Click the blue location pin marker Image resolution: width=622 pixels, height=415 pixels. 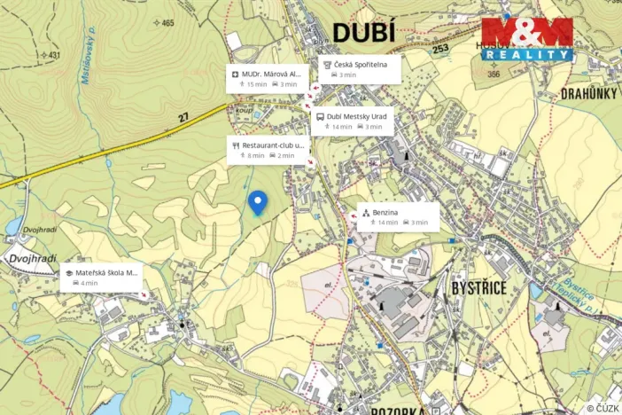click(x=257, y=202)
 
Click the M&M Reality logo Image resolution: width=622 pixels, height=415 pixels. click(x=527, y=39)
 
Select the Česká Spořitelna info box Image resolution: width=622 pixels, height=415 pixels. click(x=358, y=69)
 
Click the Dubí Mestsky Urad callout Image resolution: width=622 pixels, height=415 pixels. click(x=354, y=121)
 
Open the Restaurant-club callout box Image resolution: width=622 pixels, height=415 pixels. click(x=268, y=150)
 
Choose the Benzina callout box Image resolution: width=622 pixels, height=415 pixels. click(x=398, y=217)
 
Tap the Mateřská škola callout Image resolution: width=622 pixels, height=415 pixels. click(x=101, y=278)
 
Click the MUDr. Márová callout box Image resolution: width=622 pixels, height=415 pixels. click(x=268, y=78)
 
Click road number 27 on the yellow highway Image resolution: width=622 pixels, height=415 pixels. click(x=183, y=117)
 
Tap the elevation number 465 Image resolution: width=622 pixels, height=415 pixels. click(x=168, y=23)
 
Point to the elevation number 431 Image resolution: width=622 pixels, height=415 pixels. click(x=53, y=55)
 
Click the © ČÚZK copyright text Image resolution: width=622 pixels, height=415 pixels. click(x=603, y=408)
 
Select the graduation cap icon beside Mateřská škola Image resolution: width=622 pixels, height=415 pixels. click(x=68, y=273)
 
